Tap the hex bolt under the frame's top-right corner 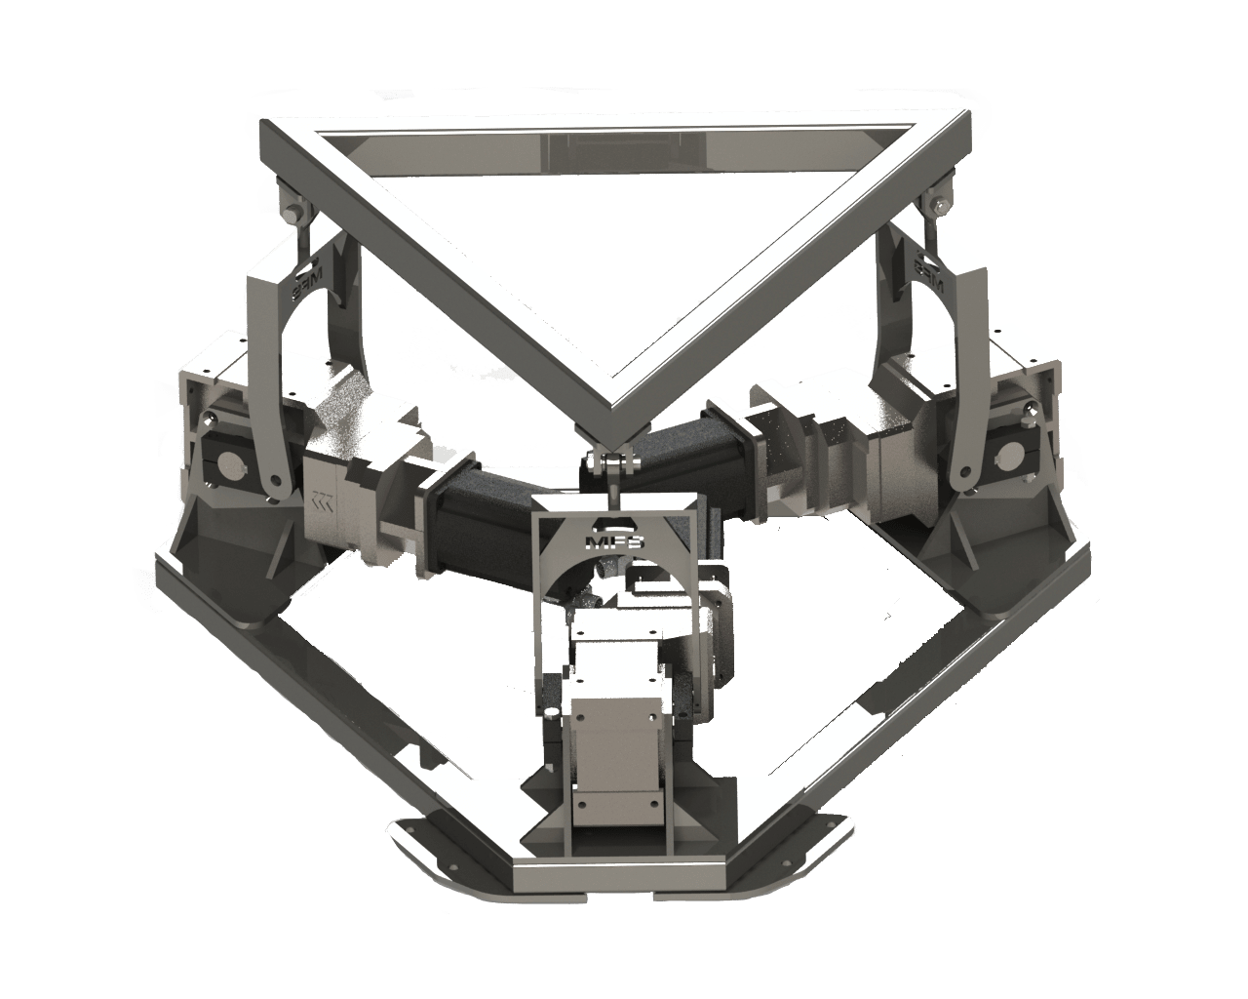point(938,204)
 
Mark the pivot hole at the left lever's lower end point(277,481)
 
